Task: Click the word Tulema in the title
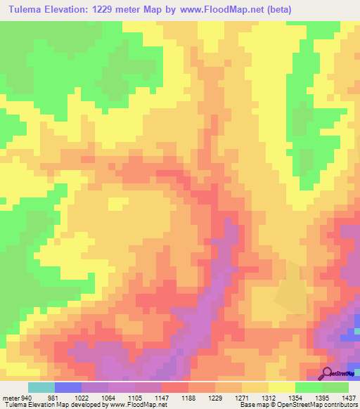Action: pos(27,10)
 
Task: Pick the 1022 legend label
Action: pos(81,397)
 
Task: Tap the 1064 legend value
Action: pos(108,397)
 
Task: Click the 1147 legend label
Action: pos(161,397)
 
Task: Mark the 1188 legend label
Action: pos(188,397)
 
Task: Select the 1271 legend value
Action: pos(241,397)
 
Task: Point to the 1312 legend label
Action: pos(268,397)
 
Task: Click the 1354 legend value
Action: pos(295,397)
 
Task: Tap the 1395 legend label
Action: pos(321,397)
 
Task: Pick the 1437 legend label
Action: pos(348,397)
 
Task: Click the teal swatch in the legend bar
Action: pos(41,387)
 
